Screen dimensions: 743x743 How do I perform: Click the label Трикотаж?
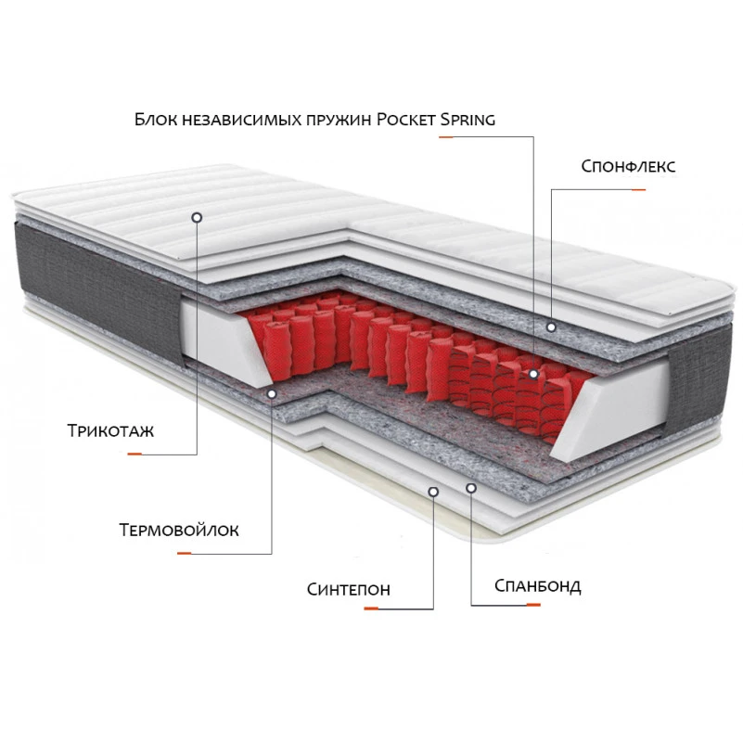111,430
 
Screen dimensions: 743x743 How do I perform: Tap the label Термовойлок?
179,530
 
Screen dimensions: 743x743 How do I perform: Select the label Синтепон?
348,589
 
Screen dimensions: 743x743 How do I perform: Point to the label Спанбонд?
537,586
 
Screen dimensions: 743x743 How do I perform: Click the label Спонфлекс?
628,166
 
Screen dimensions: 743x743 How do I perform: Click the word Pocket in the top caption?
406,120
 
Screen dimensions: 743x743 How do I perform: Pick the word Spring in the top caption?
468,120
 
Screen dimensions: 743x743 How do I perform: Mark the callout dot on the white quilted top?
197,217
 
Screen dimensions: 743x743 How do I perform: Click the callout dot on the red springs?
533,374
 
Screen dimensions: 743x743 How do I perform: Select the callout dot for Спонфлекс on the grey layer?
551,327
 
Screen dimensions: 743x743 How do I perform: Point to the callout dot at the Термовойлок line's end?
272,393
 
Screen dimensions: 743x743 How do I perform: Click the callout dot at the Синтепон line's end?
433,492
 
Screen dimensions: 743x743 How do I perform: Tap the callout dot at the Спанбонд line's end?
470,488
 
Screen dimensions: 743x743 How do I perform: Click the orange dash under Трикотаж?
135,454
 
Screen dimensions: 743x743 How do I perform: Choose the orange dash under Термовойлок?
184,553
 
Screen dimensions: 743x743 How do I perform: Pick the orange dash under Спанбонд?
533,605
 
